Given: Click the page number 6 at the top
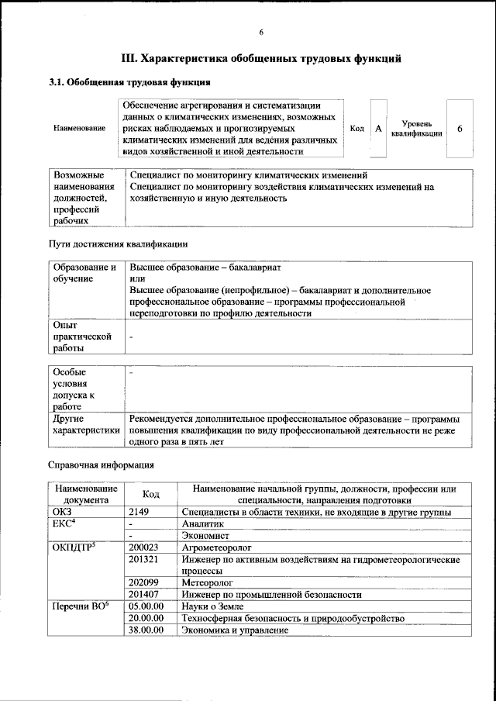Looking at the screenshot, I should click(261, 32).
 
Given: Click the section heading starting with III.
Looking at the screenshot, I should click(261, 58).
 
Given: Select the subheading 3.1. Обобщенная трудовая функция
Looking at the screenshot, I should click(130, 82).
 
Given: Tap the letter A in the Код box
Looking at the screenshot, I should click(379, 128).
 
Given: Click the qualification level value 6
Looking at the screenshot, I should click(460, 128).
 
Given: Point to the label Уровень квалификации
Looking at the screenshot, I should click(417, 128).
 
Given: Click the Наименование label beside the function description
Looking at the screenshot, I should click(80, 128).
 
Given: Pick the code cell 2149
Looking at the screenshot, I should click(143, 512).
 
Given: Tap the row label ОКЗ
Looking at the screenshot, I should click(61, 512).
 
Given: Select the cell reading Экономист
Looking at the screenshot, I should click(205, 535).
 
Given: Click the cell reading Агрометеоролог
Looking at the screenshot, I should click(214, 547).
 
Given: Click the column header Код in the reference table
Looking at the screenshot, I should click(151, 494).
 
